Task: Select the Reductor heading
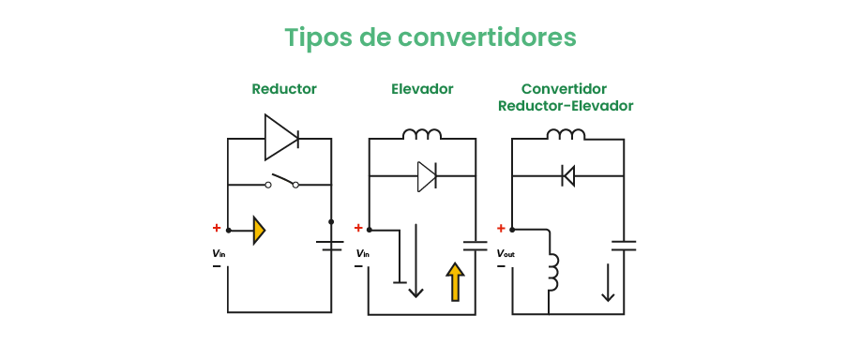point(284,89)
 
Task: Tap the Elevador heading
point(422,89)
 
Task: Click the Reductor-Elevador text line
point(566,106)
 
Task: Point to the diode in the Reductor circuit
point(280,139)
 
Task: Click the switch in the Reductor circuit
point(281,182)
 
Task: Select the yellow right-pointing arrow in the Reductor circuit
point(260,230)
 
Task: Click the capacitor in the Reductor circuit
point(330,246)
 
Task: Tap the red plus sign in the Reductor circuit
point(217,228)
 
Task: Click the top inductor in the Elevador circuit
point(422,135)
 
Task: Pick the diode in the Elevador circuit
point(427,176)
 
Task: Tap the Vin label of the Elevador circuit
point(362,253)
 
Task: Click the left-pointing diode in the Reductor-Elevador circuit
point(567,175)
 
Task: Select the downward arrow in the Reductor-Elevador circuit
point(609,282)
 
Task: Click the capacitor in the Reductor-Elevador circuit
point(624,246)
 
